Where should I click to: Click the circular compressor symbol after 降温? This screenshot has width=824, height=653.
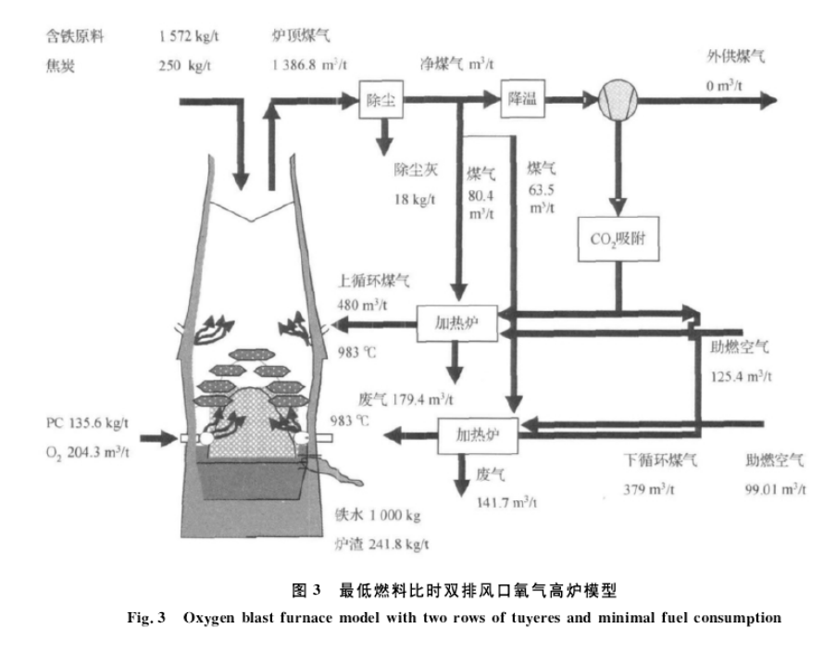615,100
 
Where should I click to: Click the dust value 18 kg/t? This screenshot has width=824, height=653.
414,200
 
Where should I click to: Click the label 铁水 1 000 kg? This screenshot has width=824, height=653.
381,515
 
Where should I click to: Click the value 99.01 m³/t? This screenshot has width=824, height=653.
776,488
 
